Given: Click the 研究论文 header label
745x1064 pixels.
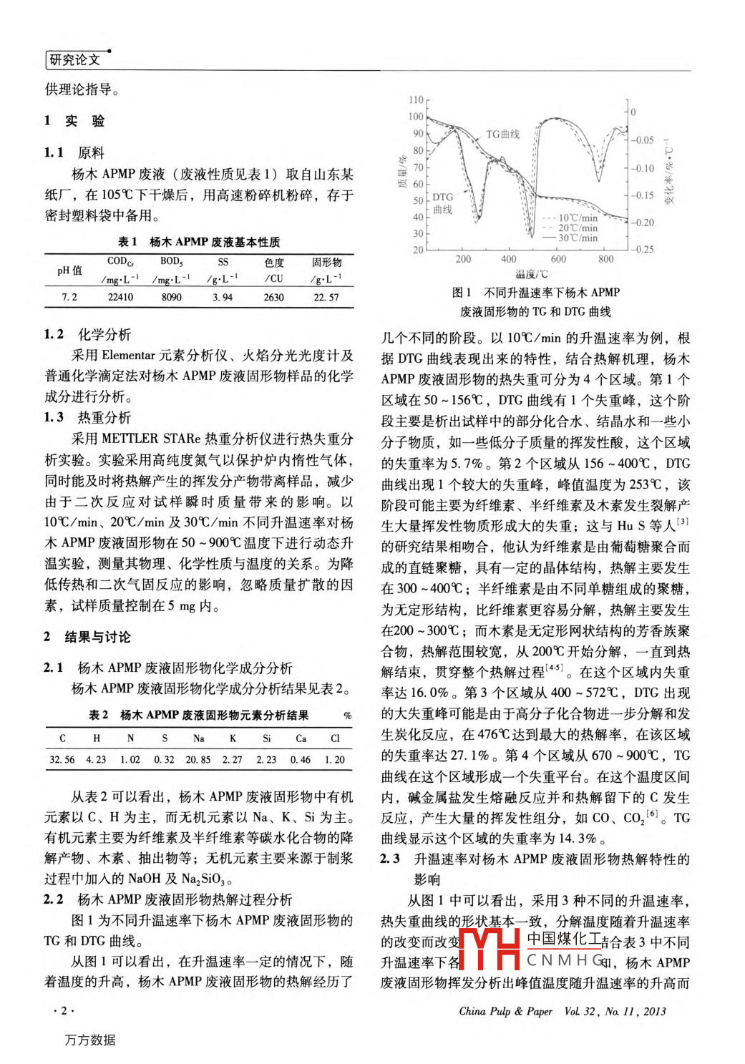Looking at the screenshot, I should (x=74, y=60).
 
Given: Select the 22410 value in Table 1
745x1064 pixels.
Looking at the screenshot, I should (x=120, y=297).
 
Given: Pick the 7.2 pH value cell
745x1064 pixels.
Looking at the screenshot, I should (x=69, y=297).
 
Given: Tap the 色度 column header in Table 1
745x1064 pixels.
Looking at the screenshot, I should (x=274, y=263).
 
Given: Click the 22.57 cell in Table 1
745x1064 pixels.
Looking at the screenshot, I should (x=326, y=297).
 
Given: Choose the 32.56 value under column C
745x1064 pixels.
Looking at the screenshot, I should (x=62, y=759).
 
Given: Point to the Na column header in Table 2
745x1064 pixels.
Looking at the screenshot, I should (x=198, y=738).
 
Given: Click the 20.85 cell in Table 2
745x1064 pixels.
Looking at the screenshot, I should (x=198, y=759).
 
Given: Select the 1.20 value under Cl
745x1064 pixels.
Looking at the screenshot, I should (x=335, y=759).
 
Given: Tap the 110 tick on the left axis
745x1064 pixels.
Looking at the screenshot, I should (x=416, y=100).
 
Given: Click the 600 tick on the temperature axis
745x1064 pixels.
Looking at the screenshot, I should (x=558, y=259).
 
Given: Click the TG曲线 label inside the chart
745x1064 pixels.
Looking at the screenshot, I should (x=503, y=134).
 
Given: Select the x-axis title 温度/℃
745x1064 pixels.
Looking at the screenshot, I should (x=532, y=274).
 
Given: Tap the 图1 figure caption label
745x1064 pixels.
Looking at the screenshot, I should (x=462, y=292).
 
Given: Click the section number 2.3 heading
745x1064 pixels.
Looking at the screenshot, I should (x=390, y=859).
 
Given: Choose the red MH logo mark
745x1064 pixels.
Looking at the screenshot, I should (x=490, y=948).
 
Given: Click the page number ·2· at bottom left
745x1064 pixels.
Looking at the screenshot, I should (x=64, y=1010).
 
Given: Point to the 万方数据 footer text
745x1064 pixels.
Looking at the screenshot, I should (x=90, y=1040).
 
